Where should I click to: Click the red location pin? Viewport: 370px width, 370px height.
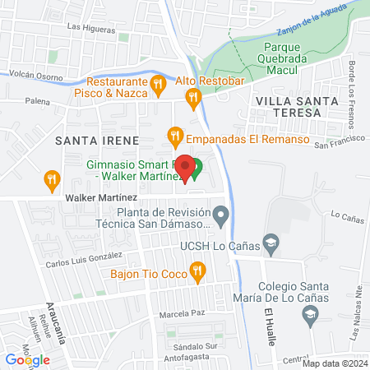186,167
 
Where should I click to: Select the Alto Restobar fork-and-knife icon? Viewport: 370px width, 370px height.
194,99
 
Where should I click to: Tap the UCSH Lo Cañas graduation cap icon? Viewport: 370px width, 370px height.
271,243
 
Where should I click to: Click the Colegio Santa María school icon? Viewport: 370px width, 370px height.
310,314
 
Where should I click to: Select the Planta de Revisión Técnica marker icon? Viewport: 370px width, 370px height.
220,216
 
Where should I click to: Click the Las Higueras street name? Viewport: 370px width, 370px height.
90,26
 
